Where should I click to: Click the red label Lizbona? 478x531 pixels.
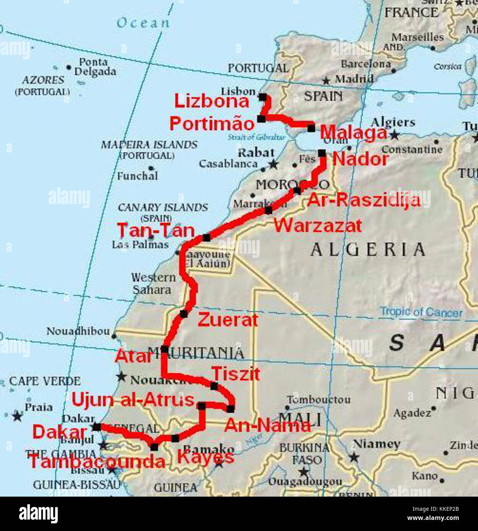point(211,101)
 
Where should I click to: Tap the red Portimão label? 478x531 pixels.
point(212,124)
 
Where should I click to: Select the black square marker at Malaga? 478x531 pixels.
point(311,128)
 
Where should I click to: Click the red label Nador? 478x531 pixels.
point(360,159)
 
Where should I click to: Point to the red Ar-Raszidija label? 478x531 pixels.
point(363,200)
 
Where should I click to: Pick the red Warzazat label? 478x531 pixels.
point(317,225)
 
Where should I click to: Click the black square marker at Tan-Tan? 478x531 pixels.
point(206,238)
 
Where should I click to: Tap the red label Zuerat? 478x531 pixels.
point(228,320)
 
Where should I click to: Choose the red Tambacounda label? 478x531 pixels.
point(97,462)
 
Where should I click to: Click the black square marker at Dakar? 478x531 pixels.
point(97,427)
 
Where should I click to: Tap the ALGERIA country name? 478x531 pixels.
point(368,250)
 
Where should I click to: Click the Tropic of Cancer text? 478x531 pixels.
point(421,312)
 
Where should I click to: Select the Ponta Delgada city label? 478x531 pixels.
point(95,67)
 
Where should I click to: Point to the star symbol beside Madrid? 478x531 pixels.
point(326,81)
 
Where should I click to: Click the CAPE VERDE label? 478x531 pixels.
point(45,381)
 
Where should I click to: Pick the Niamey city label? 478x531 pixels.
point(377,444)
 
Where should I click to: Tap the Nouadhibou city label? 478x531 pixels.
point(78,331)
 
